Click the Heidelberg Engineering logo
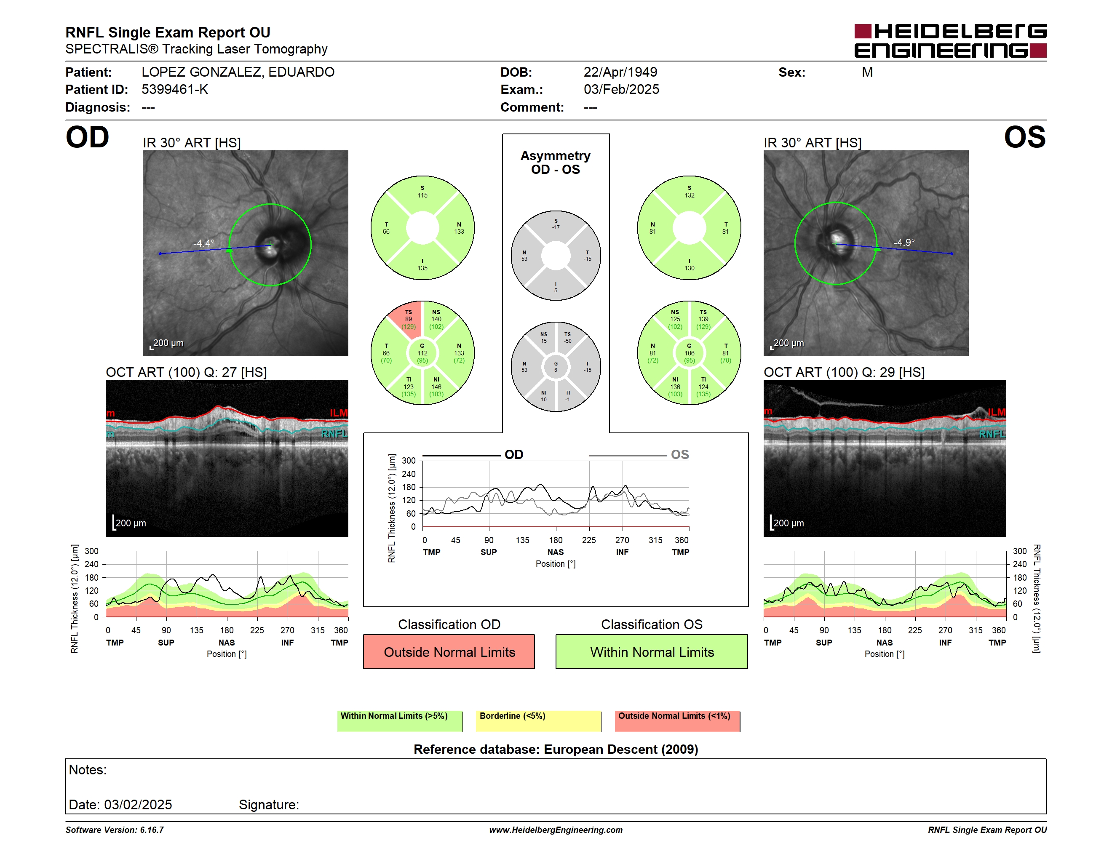(x=950, y=41)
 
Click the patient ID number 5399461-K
(x=175, y=90)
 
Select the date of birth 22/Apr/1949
(x=620, y=72)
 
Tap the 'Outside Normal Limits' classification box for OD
(x=449, y=651)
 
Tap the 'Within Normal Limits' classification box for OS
(x=652, y=651)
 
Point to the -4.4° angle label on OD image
(x=204, y=243)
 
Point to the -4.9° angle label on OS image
(x=904, y=242)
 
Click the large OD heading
(x=88, y=137)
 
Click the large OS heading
(x=1024, y=137)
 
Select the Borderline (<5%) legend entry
(x=539, y=721)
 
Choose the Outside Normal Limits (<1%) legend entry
(x=677, y=721)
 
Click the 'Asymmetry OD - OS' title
(x=556, y=163)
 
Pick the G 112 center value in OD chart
(x=422, y=353)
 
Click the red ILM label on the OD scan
(x=339, y=413)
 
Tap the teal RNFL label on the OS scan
(x=992, y=434)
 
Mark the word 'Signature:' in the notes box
(x=269, y=805)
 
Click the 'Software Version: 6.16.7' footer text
(x=115, y=830)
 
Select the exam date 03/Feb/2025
(x=621, y=90)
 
